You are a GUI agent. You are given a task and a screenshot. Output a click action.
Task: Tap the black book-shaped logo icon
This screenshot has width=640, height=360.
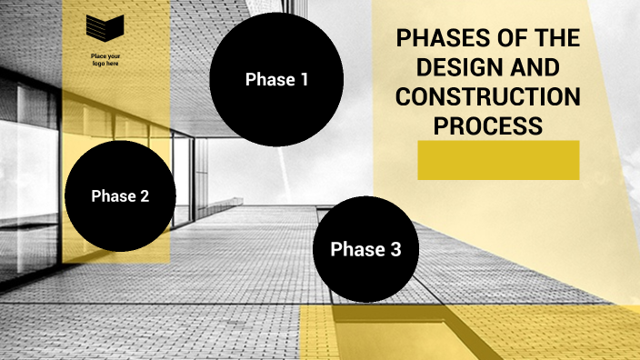105,28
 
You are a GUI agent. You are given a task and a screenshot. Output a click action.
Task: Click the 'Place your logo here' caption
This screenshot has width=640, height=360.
105,61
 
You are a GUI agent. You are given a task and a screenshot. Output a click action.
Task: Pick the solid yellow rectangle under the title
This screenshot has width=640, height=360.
498,160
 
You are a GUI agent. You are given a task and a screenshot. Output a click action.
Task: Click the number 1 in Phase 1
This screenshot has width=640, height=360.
304,79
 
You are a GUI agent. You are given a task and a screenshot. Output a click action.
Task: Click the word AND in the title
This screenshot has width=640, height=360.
526,68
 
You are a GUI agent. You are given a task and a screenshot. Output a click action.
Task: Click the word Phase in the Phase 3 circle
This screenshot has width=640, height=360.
354,249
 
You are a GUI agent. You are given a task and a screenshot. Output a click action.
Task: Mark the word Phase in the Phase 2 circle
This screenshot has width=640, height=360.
111,195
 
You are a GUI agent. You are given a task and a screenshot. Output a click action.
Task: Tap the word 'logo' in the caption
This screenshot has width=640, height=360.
98,65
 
